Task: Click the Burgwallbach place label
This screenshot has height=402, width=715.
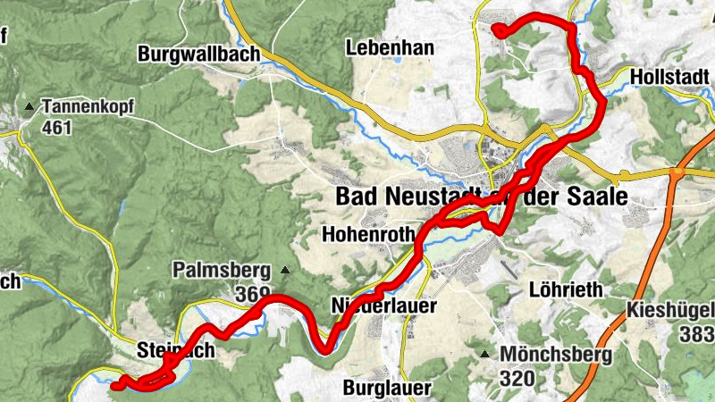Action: click(x=198, y=54)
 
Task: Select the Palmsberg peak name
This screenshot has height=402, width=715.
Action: click(x=223, y=270)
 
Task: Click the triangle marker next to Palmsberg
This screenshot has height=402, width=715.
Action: click(x=285, y=270)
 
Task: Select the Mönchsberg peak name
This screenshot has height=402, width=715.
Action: click(x=555, y=355)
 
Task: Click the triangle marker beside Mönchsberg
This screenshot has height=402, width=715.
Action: click(x=485, y=355)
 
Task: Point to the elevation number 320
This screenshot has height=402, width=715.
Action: click(x=517, y=378)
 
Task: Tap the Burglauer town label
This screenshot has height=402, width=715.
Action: click(x=387, y=388)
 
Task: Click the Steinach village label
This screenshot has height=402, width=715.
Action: click(x=176, y=350)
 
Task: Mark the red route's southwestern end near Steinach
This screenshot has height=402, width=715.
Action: click(x=115, y=386)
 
